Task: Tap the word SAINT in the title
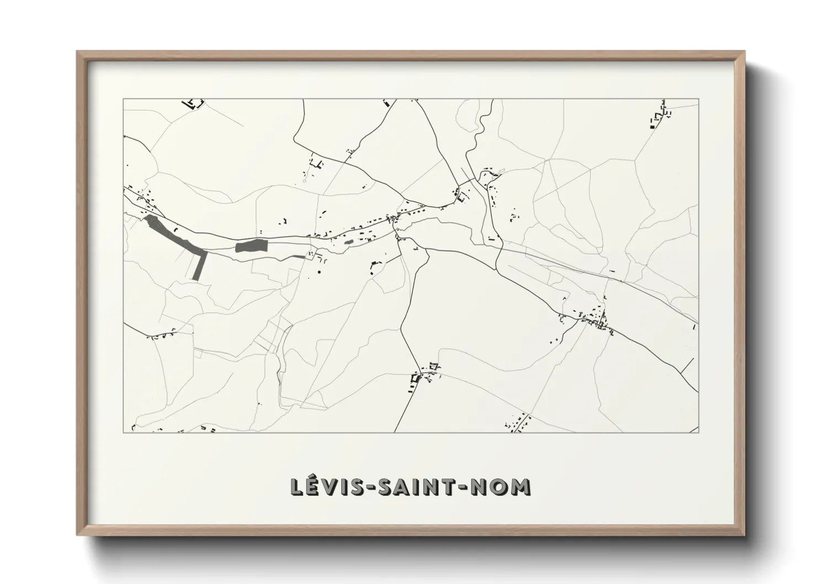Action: point(411,487)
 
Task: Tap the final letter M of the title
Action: point(520,487)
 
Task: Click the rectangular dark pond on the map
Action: point(251,246)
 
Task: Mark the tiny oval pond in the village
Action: point(348,241)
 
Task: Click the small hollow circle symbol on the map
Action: point(304,180)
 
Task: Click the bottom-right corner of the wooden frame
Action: point(745,534)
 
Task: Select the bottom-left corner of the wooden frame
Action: point(78,534)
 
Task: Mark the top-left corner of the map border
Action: point(124,99)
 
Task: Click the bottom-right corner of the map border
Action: point(698,432)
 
